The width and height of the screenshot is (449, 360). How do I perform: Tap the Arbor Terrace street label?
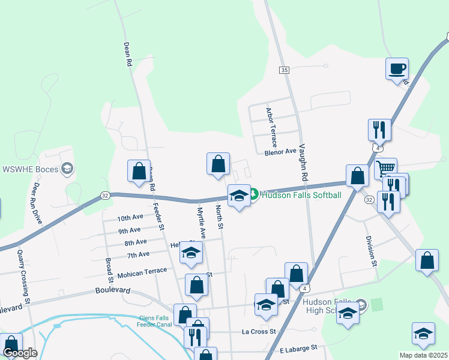click(271, 127)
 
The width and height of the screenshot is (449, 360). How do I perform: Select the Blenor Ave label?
click(281, 152)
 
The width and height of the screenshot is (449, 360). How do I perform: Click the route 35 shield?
click(284, 70)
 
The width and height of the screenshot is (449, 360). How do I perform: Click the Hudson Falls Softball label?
click(301, 195)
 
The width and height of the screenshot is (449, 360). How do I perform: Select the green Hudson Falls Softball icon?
click(254, 194)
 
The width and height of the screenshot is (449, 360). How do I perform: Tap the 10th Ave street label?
click(131, 218)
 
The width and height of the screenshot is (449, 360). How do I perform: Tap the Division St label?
click(370, 251)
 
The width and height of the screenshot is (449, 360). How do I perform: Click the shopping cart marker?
click(386, 167)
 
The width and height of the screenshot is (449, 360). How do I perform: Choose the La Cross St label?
click(258, 331)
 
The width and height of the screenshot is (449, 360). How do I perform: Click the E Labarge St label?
click(298, 349)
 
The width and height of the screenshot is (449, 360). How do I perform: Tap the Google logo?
click(20, 353)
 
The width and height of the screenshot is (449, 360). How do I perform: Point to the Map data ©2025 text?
click(424, 355)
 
